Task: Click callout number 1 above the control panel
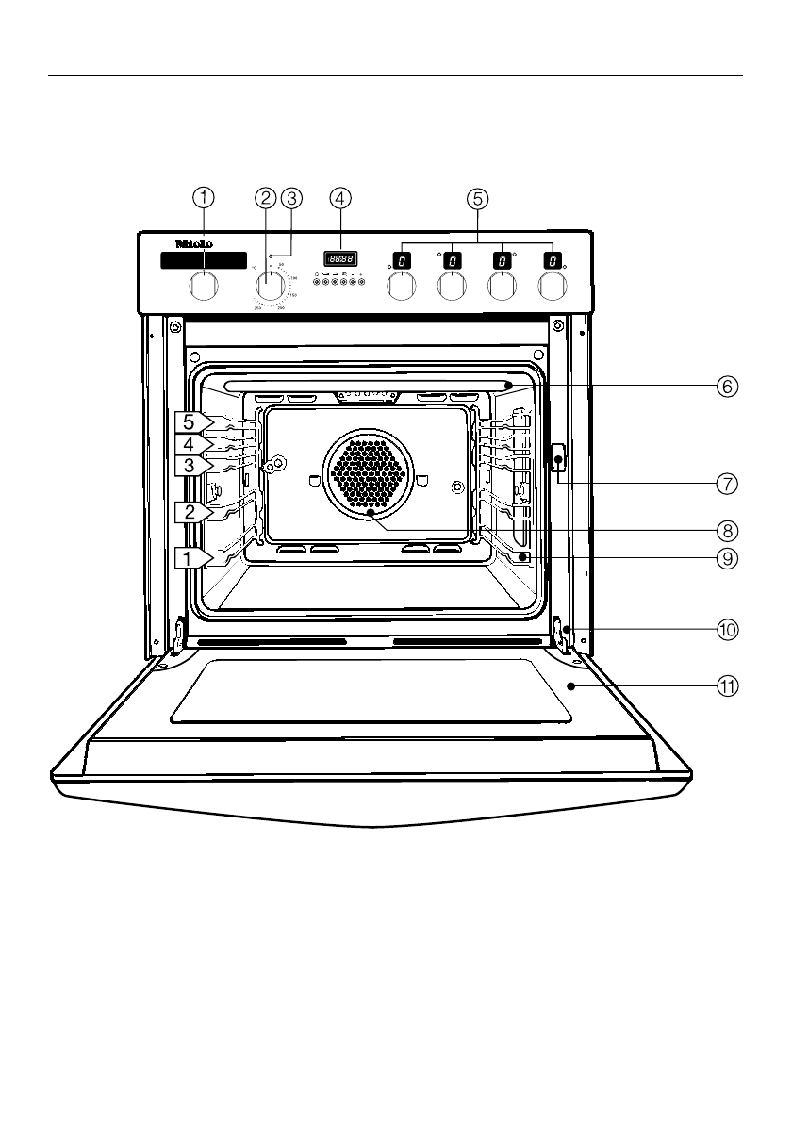click(x=204, y=198)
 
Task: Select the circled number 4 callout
click(x=340, y=198)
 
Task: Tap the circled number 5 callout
click(x=478, y=198)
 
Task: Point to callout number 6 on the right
click(x=726, y=386)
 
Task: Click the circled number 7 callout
click(x=726, y=484)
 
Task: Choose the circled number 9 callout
click(x=726, y=557)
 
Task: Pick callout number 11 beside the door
click(x=726, y=687)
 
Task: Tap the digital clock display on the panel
click(x=340, y=258)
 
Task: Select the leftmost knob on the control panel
click(x=204, y=286)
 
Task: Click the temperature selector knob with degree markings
click(x=272, y=286)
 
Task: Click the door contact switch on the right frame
click(x=557, y=461)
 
